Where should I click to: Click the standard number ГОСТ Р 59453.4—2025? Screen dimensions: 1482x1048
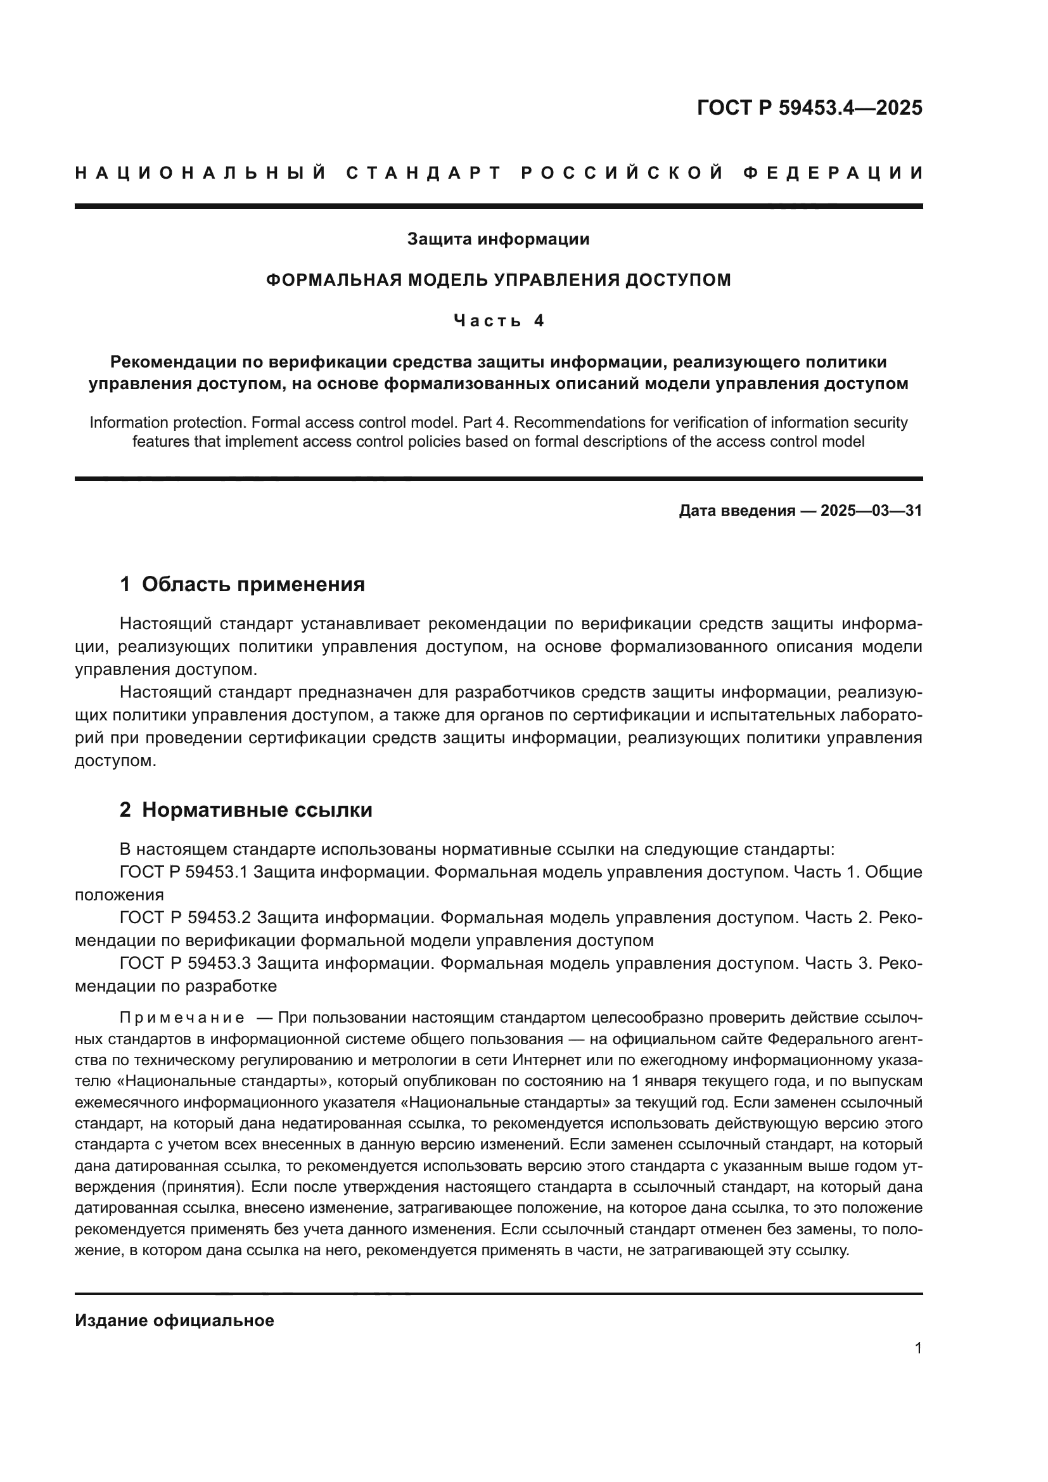809,108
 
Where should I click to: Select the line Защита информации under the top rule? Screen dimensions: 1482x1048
498,240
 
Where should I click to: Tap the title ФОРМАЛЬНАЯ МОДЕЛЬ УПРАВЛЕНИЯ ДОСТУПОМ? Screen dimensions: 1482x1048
498,280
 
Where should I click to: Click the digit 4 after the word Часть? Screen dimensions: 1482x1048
539,321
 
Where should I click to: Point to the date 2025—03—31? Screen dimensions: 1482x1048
871,511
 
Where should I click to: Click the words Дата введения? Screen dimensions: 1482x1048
736,511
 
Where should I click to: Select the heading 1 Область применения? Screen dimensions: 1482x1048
242,584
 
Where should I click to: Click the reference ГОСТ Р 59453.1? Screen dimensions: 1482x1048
184,872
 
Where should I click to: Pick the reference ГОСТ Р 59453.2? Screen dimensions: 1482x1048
184,918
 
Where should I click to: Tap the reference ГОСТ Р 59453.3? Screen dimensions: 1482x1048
184,964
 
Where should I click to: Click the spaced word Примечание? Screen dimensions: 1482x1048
182,1019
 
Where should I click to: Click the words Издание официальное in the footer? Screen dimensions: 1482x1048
174,1320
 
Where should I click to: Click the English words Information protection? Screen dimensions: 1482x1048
168,423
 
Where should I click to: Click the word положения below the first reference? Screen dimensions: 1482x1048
118,895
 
